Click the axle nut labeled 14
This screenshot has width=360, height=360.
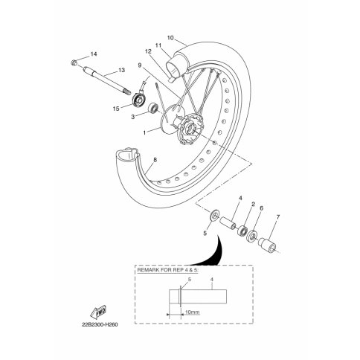(74, 62)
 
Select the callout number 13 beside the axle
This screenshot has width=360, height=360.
(121, 71)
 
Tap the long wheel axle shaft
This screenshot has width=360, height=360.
(106, 80)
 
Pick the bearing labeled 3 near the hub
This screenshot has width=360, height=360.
(153, 109)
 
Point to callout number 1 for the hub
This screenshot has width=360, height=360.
(144, 133)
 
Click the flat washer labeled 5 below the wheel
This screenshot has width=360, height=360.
(213, 216)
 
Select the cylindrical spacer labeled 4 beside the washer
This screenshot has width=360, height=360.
(228, 223)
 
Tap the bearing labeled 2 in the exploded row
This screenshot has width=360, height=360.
(242, 231)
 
